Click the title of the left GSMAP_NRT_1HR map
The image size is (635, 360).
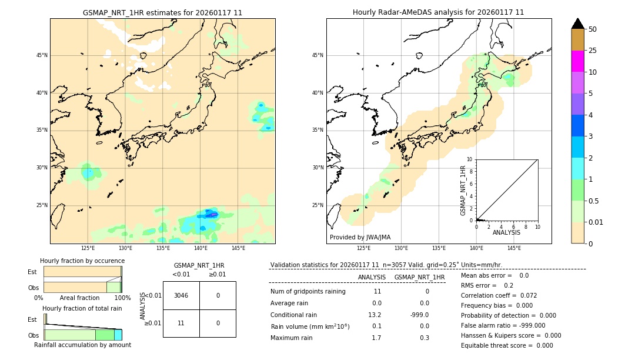(x=162, y=12)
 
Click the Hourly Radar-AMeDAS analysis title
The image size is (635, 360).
(x=438, y=12)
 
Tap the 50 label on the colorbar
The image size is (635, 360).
(x=593, y=29)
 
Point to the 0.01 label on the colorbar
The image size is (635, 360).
(x=596, y=222)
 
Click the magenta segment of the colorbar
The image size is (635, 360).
(x=577, y=61)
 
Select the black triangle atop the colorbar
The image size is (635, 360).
(x=577, y=24)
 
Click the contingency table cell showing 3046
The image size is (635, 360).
(x=181, y=295)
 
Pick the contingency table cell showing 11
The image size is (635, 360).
(x=181, y=323)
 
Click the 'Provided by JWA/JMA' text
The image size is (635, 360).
(x=360, y=238)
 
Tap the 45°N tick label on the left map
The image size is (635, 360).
(x=42, y=55)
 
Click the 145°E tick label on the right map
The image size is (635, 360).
(x=514, y=248)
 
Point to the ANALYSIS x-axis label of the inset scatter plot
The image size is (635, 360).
(x=506, y=232)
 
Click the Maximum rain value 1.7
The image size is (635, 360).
(x=376, y=338)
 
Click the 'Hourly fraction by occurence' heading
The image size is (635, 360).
(x=82, y=261)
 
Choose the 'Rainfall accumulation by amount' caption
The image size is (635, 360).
(x=82, y=345)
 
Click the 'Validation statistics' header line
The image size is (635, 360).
(x=386, y=265)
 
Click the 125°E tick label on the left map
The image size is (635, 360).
(x=88, y=248)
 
